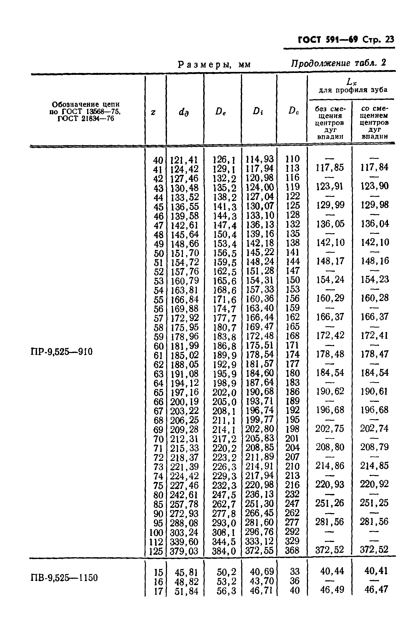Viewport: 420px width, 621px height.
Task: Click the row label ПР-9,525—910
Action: pos(62,352)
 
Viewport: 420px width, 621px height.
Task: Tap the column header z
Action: pos(153,112)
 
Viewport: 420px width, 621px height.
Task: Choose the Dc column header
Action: pos(293,110)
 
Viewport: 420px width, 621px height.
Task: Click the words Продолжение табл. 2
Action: pos(338,63)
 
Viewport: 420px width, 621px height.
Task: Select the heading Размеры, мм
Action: pos(214,65)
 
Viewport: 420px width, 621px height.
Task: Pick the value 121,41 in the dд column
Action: pos(184,160)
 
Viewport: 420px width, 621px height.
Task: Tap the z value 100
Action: pos(156,532)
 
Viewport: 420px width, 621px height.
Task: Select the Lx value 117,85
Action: pos(330,168)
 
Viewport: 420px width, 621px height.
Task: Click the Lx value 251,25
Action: pos(374,503)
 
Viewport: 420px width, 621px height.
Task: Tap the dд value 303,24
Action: pos(184,532)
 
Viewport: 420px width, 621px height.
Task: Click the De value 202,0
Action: pos(224,392)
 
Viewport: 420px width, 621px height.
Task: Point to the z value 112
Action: pos(156,542)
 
